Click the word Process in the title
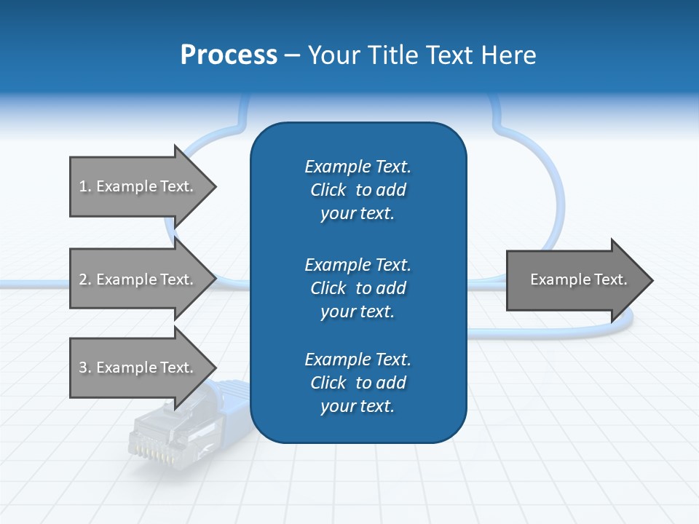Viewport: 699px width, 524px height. pyautogui.click(x=229, y=55)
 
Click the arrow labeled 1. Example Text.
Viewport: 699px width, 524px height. pyautogui.click(x=138, y=186)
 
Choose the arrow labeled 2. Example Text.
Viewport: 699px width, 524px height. pyautogui.click(x=138, y=279)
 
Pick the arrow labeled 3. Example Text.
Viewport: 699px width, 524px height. pyautogui.click(x=138, y=368)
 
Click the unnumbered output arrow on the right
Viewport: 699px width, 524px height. pyautogui.click(x=575, y=280)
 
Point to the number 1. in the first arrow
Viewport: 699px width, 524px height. pyautogui.click(x=85, y=186)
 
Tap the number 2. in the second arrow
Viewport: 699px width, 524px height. pyautogui.click(x=85, y=279)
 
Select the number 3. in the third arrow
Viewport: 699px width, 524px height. pyautogui.click(x=85, y=368)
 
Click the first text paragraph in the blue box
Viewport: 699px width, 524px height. pyautogui.click(x=358, y=190)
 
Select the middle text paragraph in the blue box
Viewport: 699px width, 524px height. pyautogui.click(x=358, y=288)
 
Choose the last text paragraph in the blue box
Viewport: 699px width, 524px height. pyautogui.click(x=358, y=383)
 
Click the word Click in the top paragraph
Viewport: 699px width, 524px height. pyautogui.click(x=328, y=190)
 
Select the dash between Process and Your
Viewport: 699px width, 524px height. pyautogui.click(x=292, y=55)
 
